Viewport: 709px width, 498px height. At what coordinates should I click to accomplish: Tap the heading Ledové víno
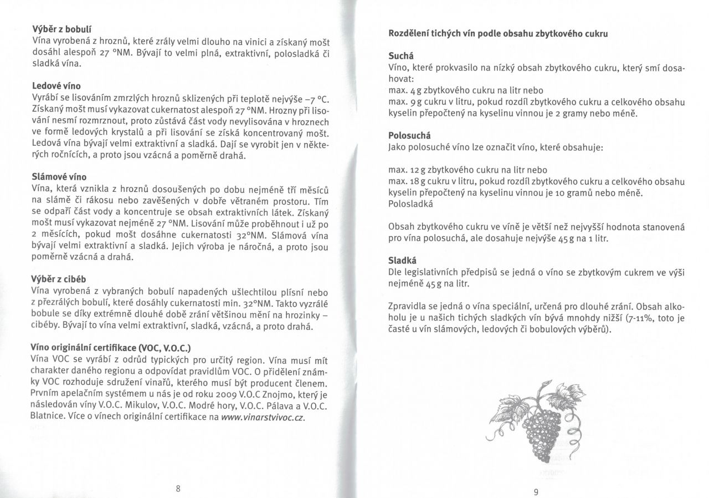56,86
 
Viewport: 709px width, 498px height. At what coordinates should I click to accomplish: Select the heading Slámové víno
59,177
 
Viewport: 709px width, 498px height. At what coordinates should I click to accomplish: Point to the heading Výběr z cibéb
59,278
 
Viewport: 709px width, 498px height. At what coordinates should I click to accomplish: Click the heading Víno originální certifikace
111,348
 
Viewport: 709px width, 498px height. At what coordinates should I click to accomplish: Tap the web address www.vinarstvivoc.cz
264,417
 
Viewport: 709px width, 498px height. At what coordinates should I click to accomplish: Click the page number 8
178,488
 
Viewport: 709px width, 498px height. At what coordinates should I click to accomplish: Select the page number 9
536,491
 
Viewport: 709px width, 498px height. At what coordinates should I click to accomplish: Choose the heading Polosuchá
410,135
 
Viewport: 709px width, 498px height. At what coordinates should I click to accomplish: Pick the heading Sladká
402,260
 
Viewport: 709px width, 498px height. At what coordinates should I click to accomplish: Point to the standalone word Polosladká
410,204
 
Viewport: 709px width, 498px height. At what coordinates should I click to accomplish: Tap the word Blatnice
48,417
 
